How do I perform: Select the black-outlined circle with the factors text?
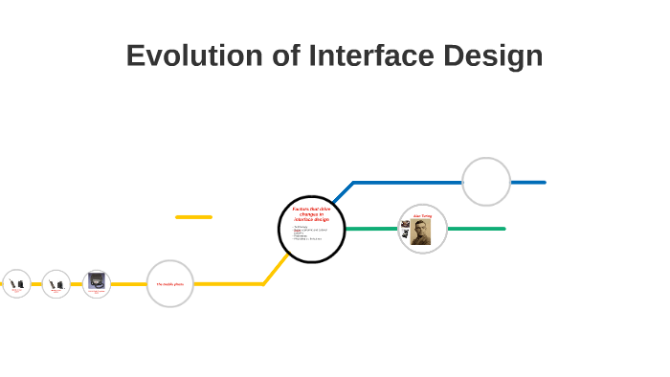(x=311, y=230)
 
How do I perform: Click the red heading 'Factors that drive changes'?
(x=311, y=213)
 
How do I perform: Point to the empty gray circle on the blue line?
(x=486, y=182)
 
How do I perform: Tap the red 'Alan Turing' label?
(x=423, y=216)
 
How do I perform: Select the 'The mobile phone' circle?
(x=170, y=284)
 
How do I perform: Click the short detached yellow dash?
(x=193, y=217)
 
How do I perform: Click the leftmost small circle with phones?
(x=16, y=284)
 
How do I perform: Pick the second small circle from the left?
(x=56, y=284)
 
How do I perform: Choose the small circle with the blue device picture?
(x=97, y=283)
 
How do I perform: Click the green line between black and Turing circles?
(x=371, y=229)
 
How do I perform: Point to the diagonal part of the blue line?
(x=343, y=191)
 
